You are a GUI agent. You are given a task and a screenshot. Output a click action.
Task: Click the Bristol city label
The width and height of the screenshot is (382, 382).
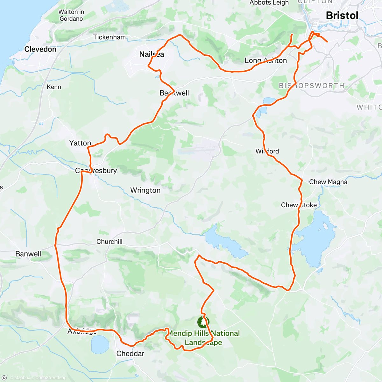click(x=342, y=15)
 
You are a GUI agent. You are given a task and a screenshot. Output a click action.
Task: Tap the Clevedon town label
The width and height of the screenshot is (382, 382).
click(x=40, y=49)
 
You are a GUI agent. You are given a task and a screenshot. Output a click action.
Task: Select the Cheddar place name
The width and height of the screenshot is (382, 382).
click(x=130, y=354)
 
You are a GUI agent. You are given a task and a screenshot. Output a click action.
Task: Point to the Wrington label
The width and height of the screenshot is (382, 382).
click(x=145, y=190)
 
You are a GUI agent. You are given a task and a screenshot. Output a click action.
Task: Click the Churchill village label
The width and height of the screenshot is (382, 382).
click(x=109, y=242)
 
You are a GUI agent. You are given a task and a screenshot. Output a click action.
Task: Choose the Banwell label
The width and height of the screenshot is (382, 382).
click(x=28, y=254)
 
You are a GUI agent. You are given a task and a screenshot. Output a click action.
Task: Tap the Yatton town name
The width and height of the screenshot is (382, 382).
click(x=80, y=143)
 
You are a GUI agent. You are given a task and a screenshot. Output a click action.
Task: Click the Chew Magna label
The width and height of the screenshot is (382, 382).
click(x=328, y=182)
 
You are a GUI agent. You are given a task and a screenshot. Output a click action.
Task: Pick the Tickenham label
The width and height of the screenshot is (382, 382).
click(x=109, y=37)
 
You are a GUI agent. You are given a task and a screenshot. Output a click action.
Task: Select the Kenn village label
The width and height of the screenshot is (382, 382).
click(x=54, y=87)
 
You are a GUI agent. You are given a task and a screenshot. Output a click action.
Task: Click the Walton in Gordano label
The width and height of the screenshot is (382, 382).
click(x=71, y=15)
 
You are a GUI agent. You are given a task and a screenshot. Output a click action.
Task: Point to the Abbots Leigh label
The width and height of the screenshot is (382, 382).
click(x=269, y=3)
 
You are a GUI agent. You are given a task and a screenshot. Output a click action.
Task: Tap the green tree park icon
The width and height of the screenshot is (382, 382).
click(x=203, y=322)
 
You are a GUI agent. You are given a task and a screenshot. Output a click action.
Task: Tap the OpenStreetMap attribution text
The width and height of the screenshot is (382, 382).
click(x=51, y=378)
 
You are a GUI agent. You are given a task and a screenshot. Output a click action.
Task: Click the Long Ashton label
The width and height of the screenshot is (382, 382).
click(x=265, y=60)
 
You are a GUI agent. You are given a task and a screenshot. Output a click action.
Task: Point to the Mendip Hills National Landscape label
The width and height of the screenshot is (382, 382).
click(x=203, y=338)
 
